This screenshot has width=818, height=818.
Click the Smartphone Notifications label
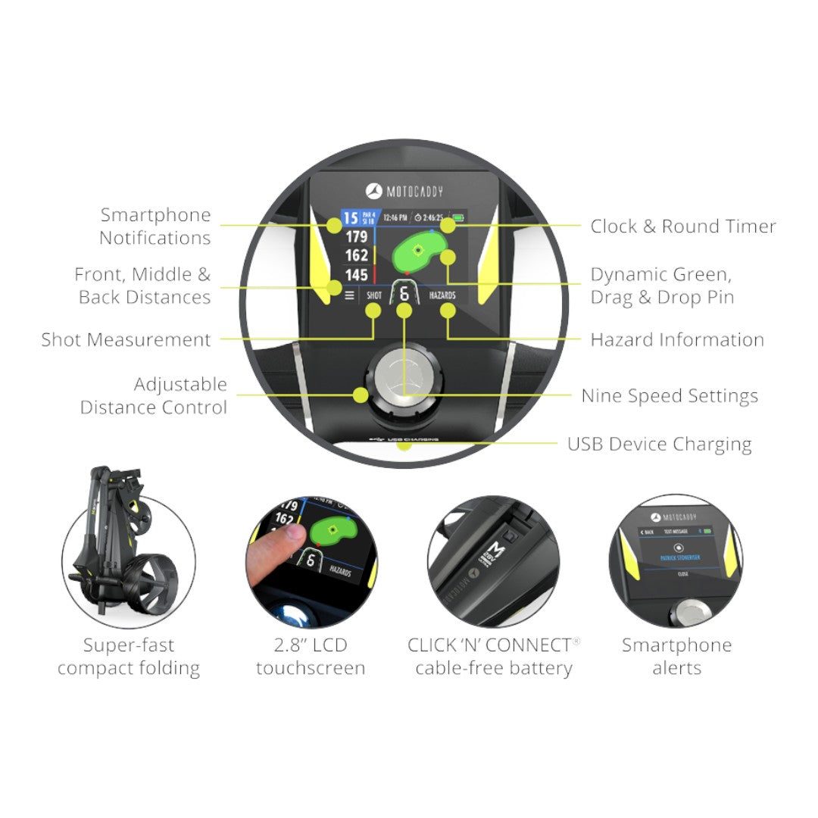(x=155, y=226)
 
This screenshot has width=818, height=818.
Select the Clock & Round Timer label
(x=683, y=226)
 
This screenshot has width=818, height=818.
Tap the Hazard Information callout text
(x=677, y=340)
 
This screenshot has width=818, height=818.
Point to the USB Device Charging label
(x=659, y=445)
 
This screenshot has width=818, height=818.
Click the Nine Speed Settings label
(x=670, y=396)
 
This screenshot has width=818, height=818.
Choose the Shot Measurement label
(x=126, y=340)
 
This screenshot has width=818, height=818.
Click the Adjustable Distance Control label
(x=154, y=396)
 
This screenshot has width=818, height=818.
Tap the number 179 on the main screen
(x=356, y=237)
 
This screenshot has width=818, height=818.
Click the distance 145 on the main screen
(x=356, y=275)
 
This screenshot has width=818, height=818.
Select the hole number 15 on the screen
(x=350, y=219)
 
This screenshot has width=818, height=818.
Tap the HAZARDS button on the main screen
(x=442, y=295)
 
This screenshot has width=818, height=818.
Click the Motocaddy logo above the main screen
(x=404, y=192)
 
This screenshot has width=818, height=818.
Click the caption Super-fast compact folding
(x=129, y=657)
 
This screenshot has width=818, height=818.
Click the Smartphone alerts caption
(x=676, y=657)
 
